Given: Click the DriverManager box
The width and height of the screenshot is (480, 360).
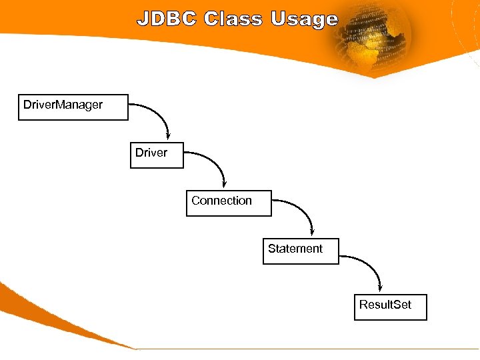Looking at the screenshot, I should click(73, 107).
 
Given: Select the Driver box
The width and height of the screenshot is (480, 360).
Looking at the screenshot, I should click(157, 154).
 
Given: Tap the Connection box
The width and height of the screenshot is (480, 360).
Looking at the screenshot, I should click(229, 202).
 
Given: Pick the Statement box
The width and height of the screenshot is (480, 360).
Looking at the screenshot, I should click(301, 251).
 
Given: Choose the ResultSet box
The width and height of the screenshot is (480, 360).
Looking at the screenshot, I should click(390, 307).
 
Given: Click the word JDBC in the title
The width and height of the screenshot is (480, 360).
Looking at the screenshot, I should click(167, 19).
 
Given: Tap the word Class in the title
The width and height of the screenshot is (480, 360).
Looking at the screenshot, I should click(233, 19).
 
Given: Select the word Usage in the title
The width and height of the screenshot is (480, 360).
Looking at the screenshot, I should click(305, 20).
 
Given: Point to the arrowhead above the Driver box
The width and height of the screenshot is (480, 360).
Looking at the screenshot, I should click(168, 135).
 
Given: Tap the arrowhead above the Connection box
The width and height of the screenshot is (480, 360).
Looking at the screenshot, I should click(224, 183).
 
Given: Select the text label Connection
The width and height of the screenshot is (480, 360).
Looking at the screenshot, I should click(221, 201).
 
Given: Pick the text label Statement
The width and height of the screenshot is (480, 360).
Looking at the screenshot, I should click(295, 249).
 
